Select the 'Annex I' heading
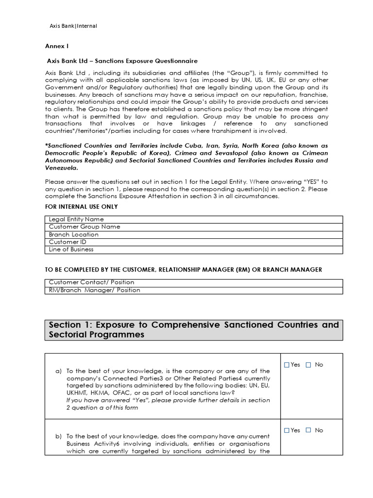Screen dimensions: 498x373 pos(57,47)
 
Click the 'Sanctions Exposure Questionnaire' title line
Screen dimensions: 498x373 pos(122,61)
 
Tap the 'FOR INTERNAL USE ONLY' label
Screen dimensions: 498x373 pos(81,207)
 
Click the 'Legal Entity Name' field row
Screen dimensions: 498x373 pos(194,219)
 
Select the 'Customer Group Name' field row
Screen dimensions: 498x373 pos(194,227)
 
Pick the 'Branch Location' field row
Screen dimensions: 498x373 pos(194,234)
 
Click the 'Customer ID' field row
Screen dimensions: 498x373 pos(194,242)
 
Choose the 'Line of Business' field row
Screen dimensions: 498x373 pos(194,249)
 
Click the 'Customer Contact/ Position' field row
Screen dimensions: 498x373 pos(194,283)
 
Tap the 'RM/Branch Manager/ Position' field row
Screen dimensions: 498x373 pos(194,290)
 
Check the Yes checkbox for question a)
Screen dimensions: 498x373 pos(287,365)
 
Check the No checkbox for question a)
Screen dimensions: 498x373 pos(308,365)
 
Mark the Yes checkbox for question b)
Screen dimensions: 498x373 pos(287,430)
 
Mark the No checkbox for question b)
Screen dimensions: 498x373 pos(308,430)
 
